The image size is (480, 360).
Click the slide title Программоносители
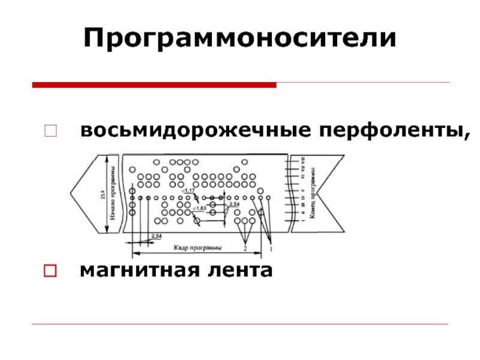pyautogui.click(x=240, y=38)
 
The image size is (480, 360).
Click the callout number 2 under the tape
pyautogui.click(x=245, y=248)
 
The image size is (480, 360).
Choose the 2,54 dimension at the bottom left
pyautogui.click(x=157, y=236)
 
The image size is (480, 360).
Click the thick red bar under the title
pyautogui.click(x=154, y=85)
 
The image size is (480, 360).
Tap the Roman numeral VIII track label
pyautogui.click(x=303, y=161)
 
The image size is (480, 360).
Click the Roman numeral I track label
pyautogui.click(x=303, y=221)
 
